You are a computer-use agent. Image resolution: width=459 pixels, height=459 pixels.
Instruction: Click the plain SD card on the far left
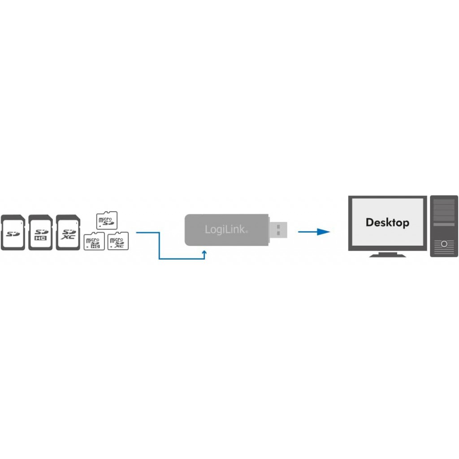tap(13, 233)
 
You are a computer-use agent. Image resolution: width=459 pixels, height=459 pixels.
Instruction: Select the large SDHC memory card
tap(40, 233)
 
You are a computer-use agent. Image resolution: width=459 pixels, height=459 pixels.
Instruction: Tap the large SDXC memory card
tap(68, 233)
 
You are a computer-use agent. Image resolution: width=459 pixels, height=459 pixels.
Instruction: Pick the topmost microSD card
tap(107, 220)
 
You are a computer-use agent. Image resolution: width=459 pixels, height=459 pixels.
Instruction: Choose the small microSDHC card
tap(94, 241)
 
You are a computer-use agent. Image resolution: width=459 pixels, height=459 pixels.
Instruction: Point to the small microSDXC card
tap(118, 241)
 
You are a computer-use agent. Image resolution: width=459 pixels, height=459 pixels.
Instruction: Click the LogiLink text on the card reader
tap(226, 229)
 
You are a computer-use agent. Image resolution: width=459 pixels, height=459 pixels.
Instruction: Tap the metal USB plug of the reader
tap(278, 230)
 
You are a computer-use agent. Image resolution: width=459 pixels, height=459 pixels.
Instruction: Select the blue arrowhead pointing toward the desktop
tap(324, 232)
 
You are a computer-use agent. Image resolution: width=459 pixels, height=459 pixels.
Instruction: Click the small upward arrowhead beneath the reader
tap(204, 252)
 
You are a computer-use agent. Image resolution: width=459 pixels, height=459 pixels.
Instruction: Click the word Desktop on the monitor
tap(387, 222)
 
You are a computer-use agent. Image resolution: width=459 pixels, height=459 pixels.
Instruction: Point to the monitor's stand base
tap(388, 255)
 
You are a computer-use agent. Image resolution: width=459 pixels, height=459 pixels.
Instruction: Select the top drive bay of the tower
tap(444, 202)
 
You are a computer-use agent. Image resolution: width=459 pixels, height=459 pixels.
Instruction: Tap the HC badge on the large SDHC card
tap(40, 238)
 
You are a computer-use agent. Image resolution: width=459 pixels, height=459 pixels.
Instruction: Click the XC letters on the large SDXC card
tap(68, 237)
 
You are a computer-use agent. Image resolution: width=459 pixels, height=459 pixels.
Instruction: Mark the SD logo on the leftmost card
tap(13, 234)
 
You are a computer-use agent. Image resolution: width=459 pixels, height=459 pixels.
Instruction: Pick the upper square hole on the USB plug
tap(278, 226)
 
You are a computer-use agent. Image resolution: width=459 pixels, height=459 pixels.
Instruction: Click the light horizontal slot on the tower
tap(444, 225)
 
